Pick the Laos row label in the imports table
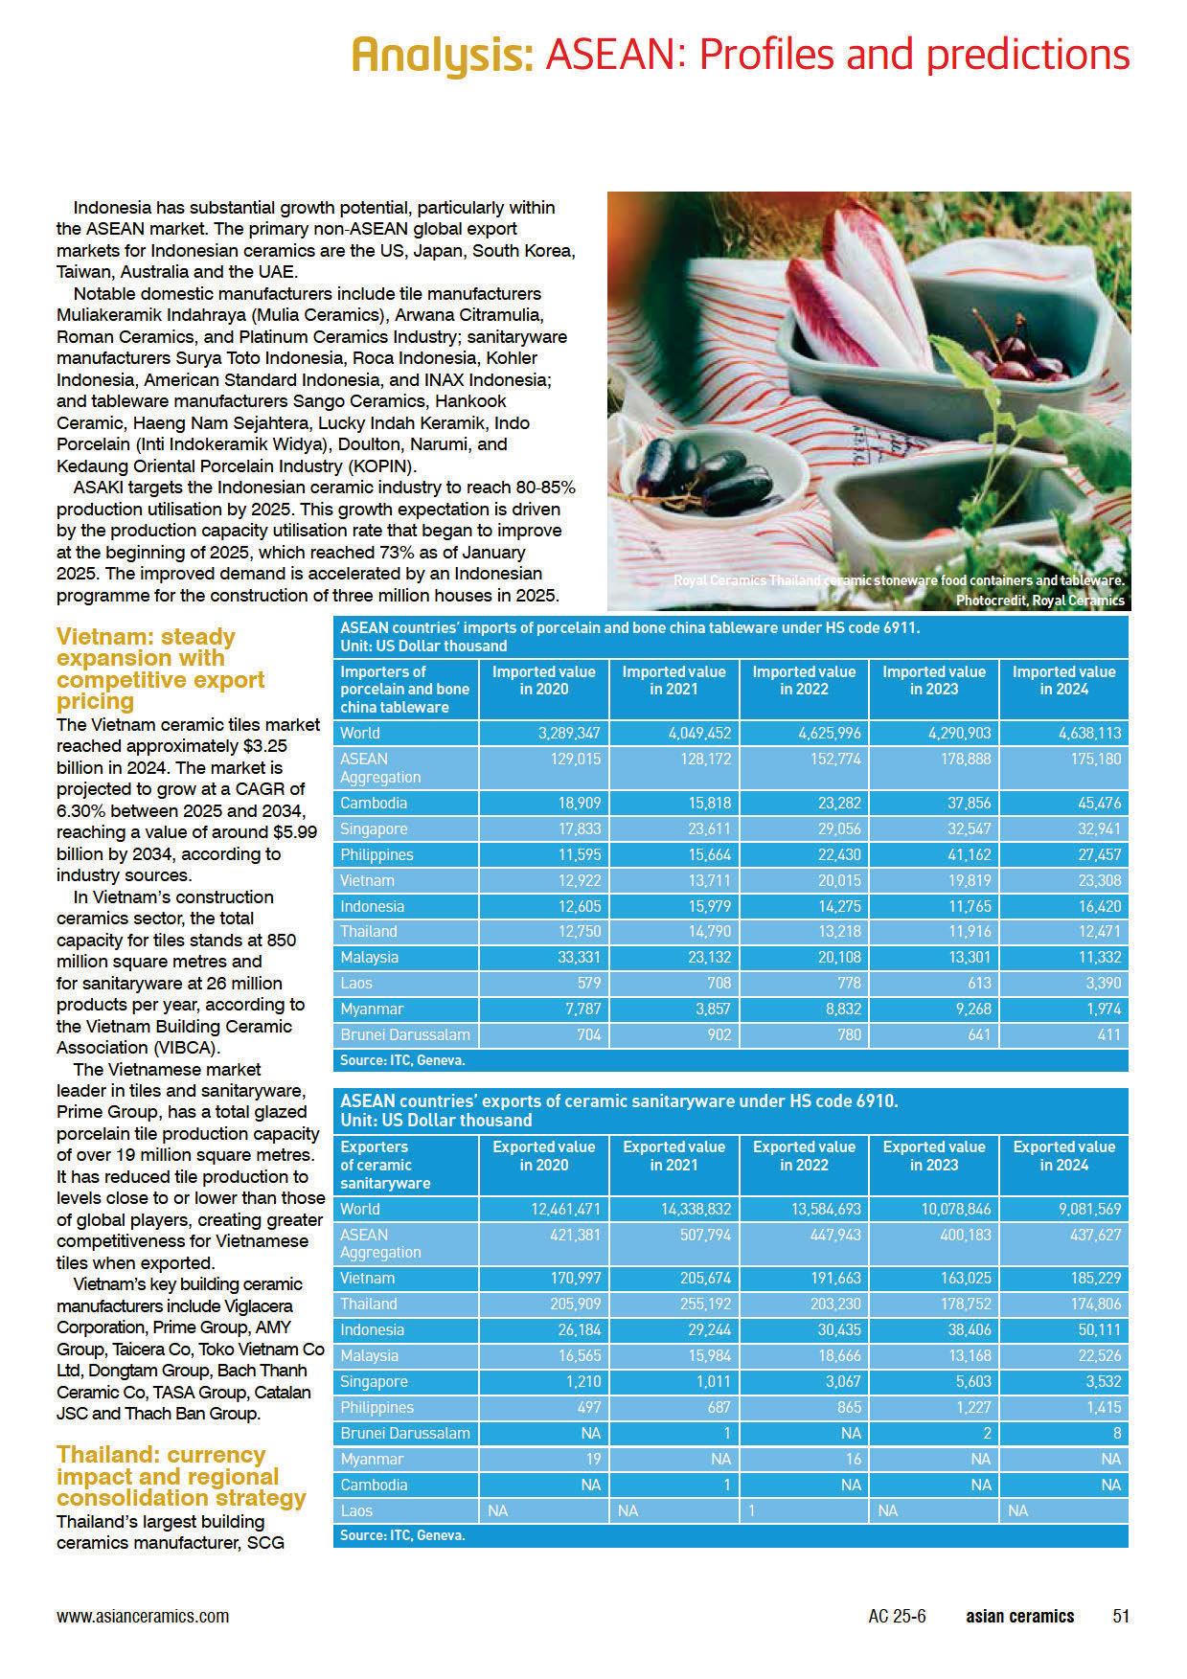click(356, 983)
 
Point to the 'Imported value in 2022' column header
click(803, 680)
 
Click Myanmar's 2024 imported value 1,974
click(1101, 1009)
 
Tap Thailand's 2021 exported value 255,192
click(702, 1304)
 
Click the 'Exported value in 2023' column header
click(933, 1155)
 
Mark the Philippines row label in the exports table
click(377, 1407)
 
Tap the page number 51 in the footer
click(1121, 1616)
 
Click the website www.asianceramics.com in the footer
click(143, 1616)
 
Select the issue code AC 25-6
click(897, 1616)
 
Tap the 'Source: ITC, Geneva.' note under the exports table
click(402, 1535)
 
